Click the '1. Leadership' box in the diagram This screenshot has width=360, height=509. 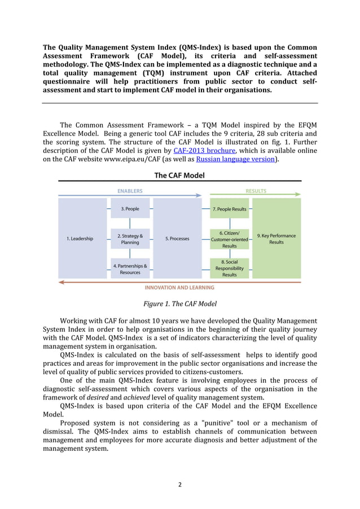(80, 239)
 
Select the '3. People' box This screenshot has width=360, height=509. (130, 209)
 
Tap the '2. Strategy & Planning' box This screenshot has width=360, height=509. (130, 239)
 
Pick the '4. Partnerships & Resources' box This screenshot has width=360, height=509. (130, 269)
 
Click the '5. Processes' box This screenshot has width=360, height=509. (177, 239)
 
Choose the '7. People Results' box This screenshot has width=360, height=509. (229, 209)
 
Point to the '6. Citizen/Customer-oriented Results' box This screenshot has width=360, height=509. (229, 239)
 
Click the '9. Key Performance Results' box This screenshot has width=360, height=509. (276, 239)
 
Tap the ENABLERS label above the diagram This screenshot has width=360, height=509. (130, 191)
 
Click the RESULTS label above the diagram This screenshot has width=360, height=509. (256, 191)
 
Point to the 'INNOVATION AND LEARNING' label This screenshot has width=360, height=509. (180, 288)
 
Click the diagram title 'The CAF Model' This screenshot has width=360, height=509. (179, 175)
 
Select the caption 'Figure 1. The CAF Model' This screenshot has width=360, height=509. (179, 304)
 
